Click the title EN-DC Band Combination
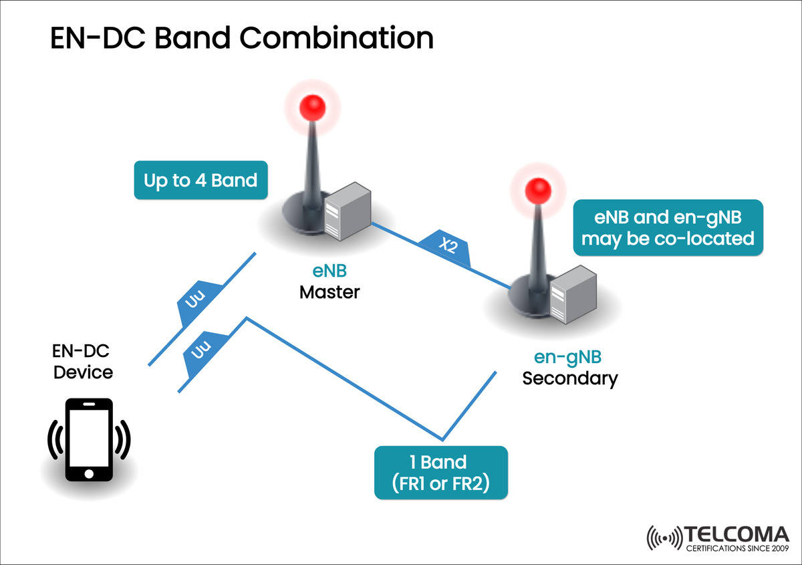click(x=242, y=39)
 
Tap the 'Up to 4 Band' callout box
click(x=200, y=180)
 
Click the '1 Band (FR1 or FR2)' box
click(x=441, y=473)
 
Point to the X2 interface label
click(x=447, y=247)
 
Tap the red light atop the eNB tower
click(x=312, y=106)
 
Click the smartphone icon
click(x=89, y=440)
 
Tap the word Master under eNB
click(x=329, y=292)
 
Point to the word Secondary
click(x=569, y=378)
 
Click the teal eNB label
click(x=329, y=271)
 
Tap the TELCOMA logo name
click(x=736, y=535)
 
